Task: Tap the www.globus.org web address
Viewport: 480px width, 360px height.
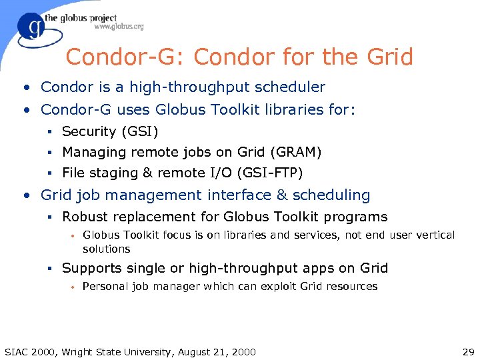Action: (x=119, y=27)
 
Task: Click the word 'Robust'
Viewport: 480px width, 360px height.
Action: (x=82, y=217)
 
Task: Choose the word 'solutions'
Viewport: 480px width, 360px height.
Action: (x=106, y=249)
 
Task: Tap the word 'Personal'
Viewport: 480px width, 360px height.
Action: (x=103, y=287)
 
